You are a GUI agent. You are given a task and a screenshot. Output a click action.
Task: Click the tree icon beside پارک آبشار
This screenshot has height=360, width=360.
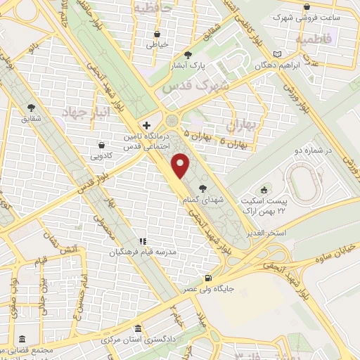187,54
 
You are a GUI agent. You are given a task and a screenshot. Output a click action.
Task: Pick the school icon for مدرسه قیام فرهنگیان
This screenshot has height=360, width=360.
142,240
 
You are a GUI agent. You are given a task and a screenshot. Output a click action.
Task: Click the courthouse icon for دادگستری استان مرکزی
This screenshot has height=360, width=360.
138,328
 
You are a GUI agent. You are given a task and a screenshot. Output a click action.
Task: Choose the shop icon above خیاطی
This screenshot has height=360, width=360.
155,33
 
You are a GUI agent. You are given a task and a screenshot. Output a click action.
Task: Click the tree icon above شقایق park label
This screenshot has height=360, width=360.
32,106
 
